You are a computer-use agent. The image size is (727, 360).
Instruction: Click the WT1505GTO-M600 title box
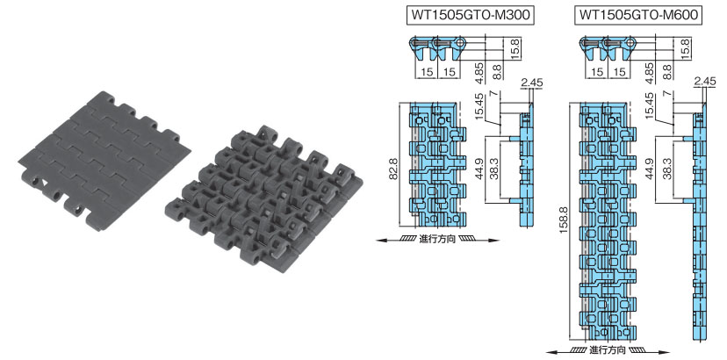(638, 15)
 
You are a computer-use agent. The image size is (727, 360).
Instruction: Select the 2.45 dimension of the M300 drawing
(531, 83)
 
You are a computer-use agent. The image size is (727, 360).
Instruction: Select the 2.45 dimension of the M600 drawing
(705, 83)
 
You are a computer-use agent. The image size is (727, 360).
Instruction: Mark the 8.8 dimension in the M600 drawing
(666, 74)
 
